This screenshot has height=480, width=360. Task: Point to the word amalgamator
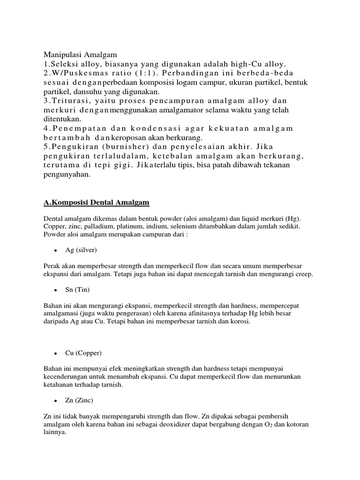tap(179, 110)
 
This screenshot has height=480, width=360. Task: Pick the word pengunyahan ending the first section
tap(67, 174)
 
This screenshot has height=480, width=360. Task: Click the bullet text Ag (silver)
tap(81, 250)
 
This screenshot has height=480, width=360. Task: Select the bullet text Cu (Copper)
tap(83, 352)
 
